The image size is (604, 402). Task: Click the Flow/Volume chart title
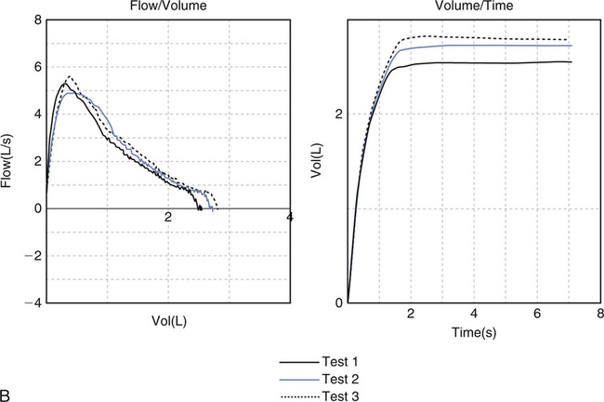(x=167, y=6)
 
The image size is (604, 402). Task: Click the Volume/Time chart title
(x=474, y=6)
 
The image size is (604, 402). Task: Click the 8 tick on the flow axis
(x=37, y=20)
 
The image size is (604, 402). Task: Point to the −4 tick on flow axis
(x=32, y=302)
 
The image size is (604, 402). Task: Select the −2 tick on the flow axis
(x=32, y=255)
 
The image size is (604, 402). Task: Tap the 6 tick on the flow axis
(x=37, y=67)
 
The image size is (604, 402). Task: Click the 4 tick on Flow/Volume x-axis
(x=290, y=218)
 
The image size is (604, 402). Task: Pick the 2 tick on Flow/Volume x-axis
(x=168, y=218)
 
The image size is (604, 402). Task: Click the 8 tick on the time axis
(x=600, y=315)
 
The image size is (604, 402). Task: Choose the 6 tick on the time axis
(x=537, y=315)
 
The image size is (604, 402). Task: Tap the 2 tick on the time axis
(x=411, y=315)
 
